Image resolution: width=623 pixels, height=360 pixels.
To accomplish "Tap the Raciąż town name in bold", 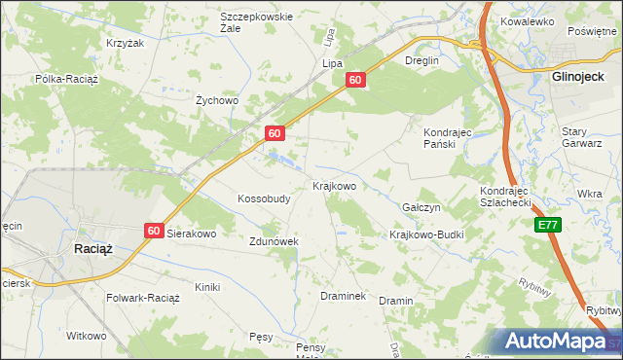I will click(93, 249).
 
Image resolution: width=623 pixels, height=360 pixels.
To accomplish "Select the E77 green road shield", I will click(548, 225).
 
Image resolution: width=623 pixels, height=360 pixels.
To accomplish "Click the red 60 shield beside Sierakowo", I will click(154, 231).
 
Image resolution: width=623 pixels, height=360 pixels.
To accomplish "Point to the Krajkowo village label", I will click(334, 185).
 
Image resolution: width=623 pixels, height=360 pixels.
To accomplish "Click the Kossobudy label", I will click(264, 198).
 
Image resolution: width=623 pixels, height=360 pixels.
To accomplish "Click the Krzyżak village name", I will click(125, 44).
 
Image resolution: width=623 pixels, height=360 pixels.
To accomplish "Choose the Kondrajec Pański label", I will click(447, 137).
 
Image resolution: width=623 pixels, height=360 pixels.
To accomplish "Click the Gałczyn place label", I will click(421, 208).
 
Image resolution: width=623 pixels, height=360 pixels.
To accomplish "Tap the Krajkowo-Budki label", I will click(426, 234).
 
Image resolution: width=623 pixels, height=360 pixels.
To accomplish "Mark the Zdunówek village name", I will click(273, 240).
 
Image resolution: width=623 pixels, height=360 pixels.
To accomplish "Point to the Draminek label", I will click(343, 296).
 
